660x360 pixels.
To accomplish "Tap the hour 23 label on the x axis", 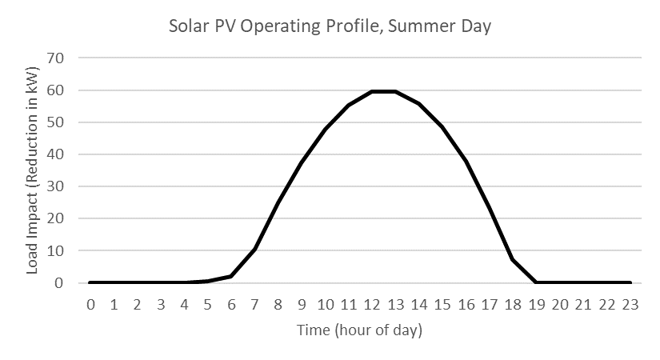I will tap(630, 304).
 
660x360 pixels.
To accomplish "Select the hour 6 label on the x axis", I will tap(231, 304).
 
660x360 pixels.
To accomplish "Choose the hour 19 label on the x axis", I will tap(537, 304).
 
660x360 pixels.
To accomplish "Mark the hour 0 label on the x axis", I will tap(90, 304).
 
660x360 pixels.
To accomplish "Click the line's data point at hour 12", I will tap(372, 91).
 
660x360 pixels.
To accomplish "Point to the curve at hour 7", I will tap(254, 248).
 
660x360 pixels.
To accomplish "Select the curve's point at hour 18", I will tap(513, 259).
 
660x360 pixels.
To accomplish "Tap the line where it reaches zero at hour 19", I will tap(537, 282).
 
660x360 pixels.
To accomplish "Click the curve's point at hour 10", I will tap(325, 129).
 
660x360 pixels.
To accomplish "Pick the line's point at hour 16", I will tap(466, 162).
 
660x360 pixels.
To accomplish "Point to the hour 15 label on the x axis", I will tap(442, 304).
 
